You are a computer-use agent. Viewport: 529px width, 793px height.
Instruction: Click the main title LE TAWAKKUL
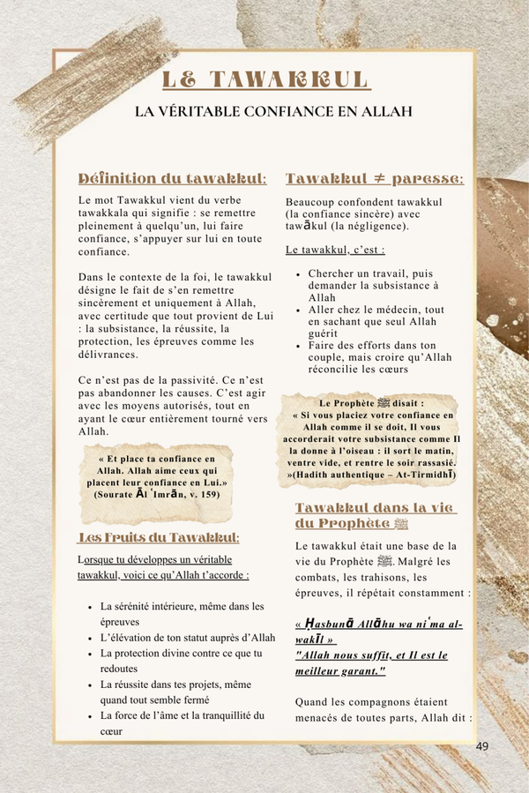tap(265, 79)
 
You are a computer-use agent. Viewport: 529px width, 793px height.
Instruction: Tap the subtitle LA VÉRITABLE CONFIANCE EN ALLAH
tap(265, 112)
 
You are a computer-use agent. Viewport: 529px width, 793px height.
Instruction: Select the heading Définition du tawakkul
tap(173, 179)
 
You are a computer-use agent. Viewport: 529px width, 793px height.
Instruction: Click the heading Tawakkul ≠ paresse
tap(375, 179)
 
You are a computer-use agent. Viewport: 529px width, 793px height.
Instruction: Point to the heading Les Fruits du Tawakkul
tap(160, 537)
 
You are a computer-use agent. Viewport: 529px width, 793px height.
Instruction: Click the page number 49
tap(481, 746)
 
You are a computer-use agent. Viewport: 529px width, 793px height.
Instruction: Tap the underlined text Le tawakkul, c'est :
tap(323, 251)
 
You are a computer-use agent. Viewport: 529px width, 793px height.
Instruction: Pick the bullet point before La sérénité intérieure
tap(92, 606)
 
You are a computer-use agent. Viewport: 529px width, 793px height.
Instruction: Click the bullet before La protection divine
tap(92, 653)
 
